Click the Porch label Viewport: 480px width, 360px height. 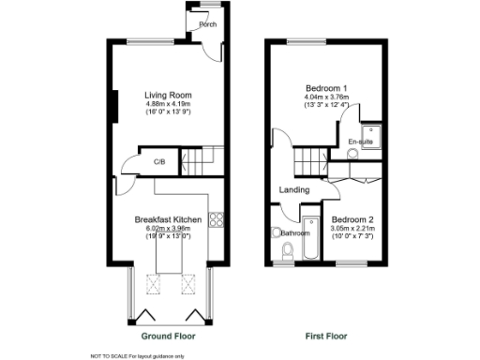(x=207, y=25)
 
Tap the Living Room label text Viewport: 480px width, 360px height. (x=167, y=95)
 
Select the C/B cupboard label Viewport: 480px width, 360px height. (x=159, y=161)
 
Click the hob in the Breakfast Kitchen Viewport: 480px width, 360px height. (x=217, y=221)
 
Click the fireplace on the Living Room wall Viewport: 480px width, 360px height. (x=115, y=106)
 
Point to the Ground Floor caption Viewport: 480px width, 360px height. (x=168, y=335)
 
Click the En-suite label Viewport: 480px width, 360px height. (x=359, y=142)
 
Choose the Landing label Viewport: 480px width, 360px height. (x=294, y=190)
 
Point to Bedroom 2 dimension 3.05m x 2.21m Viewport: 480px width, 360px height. (x=352, y=229)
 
